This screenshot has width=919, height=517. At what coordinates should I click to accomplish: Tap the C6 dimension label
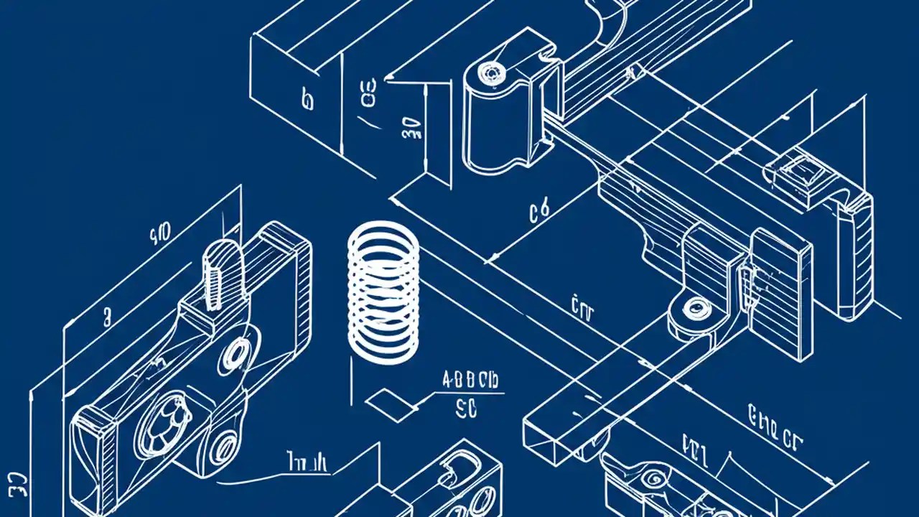(539, 210)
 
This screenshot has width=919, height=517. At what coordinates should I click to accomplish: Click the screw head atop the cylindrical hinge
(491, 72)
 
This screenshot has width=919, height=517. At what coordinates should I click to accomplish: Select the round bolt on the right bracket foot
(694, 309)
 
